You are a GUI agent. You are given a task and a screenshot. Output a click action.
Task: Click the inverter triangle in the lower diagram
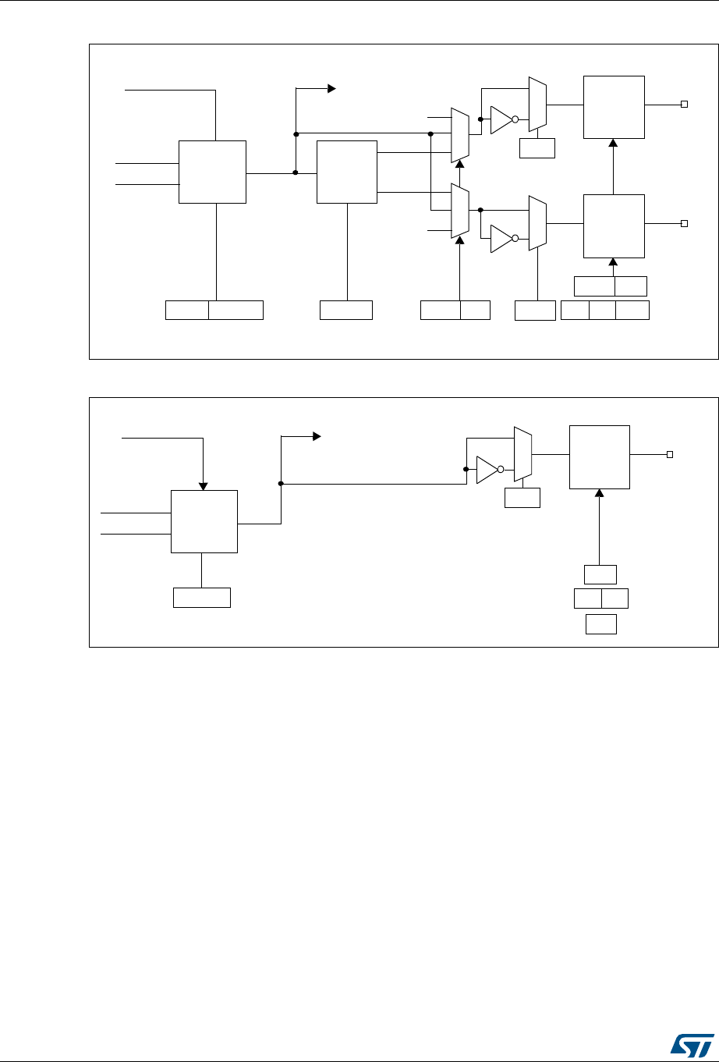click(x=487, y=469)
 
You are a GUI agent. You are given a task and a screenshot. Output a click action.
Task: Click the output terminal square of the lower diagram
click(x=669, y=454)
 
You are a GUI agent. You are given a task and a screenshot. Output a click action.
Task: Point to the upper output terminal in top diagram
click(x=684, y=105)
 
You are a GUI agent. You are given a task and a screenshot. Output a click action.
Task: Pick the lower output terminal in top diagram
click(x=684, y=223)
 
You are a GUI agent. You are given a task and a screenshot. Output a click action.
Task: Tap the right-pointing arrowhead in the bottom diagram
click(x=316, y=438)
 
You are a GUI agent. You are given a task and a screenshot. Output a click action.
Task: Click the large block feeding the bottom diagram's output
click(x=599, y=457)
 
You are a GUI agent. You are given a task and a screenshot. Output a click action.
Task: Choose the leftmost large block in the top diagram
click(x=212, y=172)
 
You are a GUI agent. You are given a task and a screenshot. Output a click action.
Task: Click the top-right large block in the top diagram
click(x=614, y=107)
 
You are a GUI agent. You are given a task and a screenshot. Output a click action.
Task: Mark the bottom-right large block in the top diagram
click(x=614, y=226)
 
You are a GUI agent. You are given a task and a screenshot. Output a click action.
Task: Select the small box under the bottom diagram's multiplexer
click(x=522, y=498)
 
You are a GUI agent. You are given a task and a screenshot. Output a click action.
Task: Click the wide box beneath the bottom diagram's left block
click(x=201, y=598)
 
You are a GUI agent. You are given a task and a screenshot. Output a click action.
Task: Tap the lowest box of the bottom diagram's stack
click(x=600, y=624)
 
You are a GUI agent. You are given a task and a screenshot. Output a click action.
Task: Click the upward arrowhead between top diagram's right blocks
click(x=613, y=144)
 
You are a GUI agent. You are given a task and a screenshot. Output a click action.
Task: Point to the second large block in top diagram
click(x=346, y=172)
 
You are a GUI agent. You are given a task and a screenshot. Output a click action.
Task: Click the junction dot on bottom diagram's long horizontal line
click(x=281, y=484)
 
